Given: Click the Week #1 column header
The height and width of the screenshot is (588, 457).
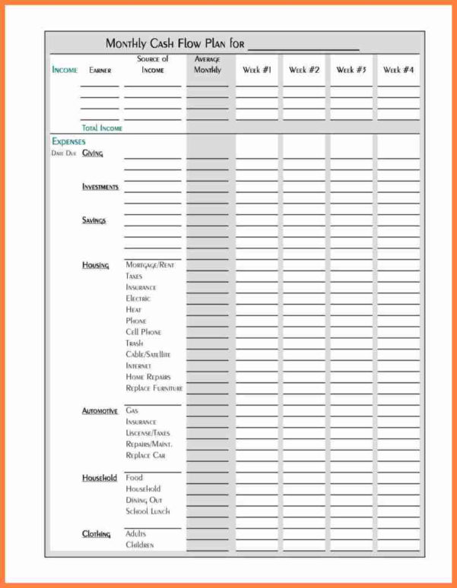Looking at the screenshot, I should pyautogui.click(x=257, y=70).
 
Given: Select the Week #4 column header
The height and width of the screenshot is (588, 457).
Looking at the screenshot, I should pyautogui.click(x=398, y=70).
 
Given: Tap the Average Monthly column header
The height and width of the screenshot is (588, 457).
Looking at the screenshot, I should pyautogui.click(x=208, y=65).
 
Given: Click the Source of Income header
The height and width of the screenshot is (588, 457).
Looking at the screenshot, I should pyautogui.click(x=153, y=65).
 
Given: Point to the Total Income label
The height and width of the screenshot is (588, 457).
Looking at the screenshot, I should pyautogui.click(x=102, y=128).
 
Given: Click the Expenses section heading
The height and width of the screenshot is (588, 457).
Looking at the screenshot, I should pyautogui.click(x=68, y=141).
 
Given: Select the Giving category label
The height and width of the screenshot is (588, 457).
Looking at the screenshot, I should pyautogui.click(x=93, y=153).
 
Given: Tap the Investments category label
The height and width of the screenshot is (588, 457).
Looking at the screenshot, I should pyautogui.click(x=100, y=187).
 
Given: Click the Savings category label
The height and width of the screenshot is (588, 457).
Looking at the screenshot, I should pyautogui.click(x=94, y=220).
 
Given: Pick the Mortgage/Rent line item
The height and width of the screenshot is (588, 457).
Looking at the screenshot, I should pyautogui.click(x=150, y=265).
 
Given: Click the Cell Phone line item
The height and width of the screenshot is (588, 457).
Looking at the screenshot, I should pyautogui.click(x=144, y=332).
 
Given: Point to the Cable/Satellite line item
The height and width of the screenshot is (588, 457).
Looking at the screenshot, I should pyautogui.click(x=148, y=355).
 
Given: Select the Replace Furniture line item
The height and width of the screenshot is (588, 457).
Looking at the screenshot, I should pyautogui.click(x=154, y=388).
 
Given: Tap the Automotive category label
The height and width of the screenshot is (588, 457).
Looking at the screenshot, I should pyautogui.click(x=100, y=411).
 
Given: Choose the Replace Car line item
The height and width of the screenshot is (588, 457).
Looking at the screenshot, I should pyautogui.click(x=145, y=455).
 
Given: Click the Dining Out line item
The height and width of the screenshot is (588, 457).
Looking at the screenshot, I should pyautogui.click(x=144, y=500).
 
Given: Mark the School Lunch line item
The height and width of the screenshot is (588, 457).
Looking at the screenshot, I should pyautogui.click(x=148, y=511).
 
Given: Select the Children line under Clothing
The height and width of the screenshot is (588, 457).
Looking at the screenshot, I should pyautogui.click(x=140, y=545).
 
